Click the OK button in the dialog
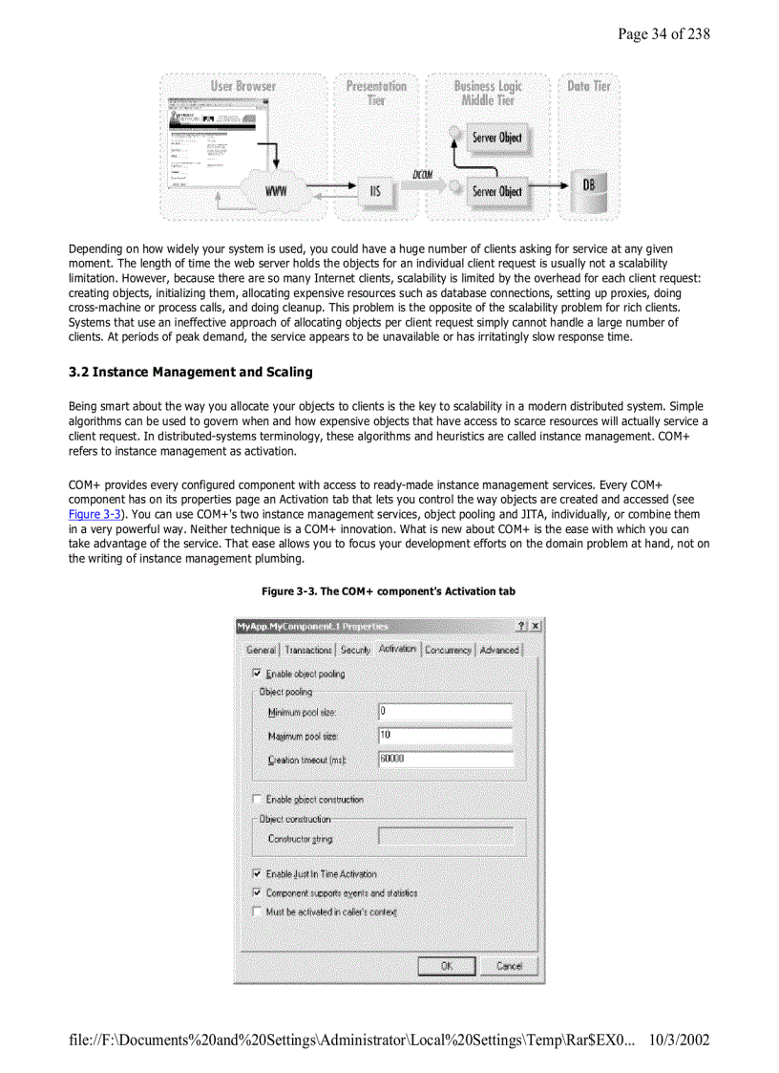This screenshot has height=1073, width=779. (446, 965)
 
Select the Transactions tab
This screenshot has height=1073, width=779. (308, 650)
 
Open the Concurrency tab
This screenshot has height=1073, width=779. (448, 650)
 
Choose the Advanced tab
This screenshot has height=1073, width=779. (499, 650)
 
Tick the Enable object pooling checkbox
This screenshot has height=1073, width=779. (257, 674)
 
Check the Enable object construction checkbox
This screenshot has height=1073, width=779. (257, 800)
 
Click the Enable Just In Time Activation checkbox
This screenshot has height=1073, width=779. (257, 873)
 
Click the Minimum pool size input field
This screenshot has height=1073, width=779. (445, 712)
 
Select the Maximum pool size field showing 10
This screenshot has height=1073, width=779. (445, 736)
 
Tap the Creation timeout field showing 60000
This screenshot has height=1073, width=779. (445, 760)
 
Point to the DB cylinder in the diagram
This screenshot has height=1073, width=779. (587, 184)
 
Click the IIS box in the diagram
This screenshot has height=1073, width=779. (374, 191)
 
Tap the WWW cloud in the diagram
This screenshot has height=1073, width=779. (276, 191)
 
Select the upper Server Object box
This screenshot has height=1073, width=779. (496, 138)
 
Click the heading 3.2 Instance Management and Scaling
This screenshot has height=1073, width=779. (190, 372)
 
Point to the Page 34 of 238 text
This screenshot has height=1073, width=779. (663, 34)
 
